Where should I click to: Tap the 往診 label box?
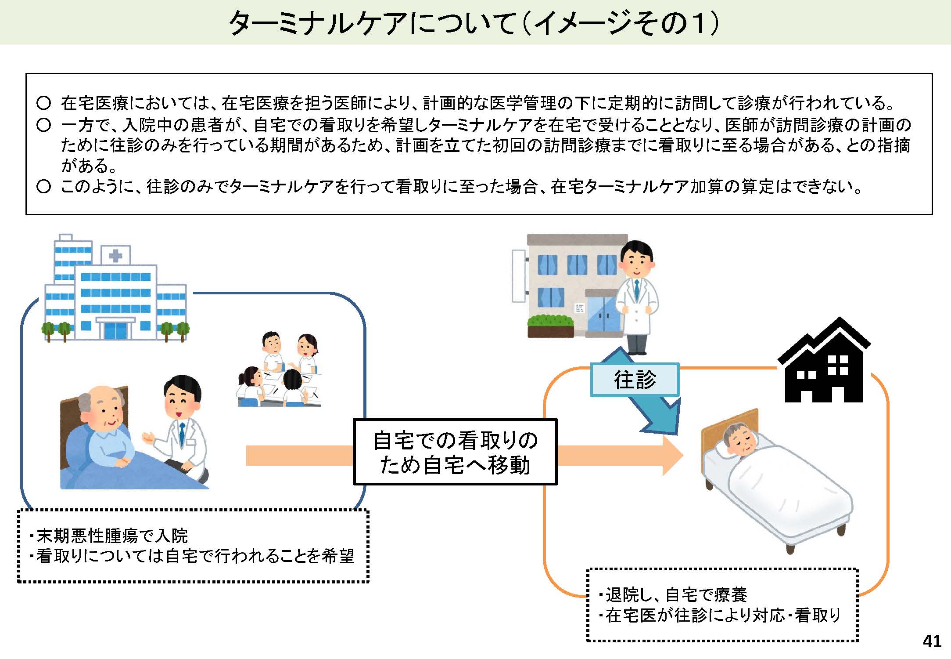[635, 380]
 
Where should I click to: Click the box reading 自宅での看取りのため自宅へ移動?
[455, 452]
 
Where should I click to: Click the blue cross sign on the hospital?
[115, 255]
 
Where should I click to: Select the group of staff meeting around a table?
[280, 370]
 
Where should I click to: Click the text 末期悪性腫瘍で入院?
[112, 536]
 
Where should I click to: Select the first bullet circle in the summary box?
[43, 103]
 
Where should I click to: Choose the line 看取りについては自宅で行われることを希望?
[195, 556]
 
